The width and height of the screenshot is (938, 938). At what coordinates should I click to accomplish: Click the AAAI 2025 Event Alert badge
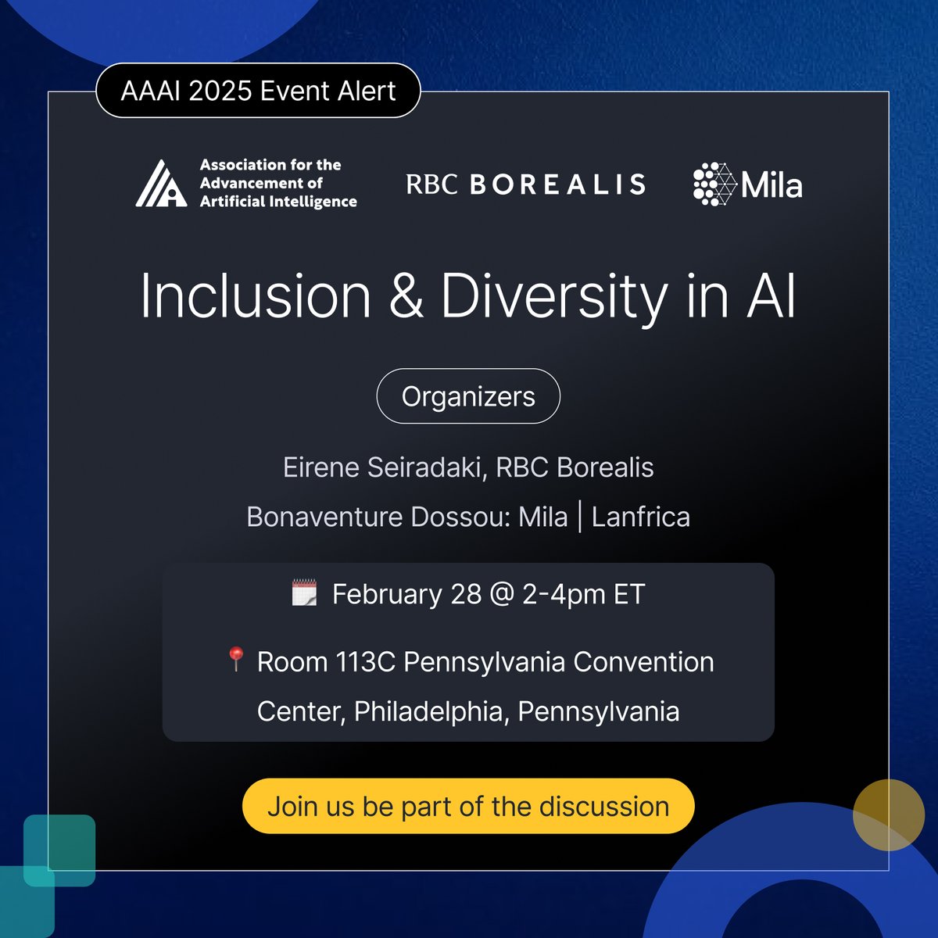(258, 91)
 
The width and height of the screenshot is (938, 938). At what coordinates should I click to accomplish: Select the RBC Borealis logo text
(525, 184)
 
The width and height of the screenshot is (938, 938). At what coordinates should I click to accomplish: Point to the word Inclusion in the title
(256, 297)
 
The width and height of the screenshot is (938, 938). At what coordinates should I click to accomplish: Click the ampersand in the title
(406, 297)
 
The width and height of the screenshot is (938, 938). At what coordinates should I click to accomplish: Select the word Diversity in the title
(553, 297)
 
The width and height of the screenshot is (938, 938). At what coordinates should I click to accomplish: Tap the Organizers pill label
(468, 396)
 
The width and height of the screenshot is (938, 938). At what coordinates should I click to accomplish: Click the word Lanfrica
(640, 517)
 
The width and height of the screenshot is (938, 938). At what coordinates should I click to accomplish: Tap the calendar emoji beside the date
(304, 593)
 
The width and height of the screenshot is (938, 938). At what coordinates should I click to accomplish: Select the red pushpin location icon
(235, 660)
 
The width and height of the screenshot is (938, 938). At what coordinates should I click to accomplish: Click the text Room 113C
(326, 662)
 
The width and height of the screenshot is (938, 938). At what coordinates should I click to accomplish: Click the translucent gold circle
(889, 814)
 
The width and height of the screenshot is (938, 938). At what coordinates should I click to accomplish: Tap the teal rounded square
(59, 850)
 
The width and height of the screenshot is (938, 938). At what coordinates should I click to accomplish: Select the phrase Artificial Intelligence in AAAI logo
(278, 202)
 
